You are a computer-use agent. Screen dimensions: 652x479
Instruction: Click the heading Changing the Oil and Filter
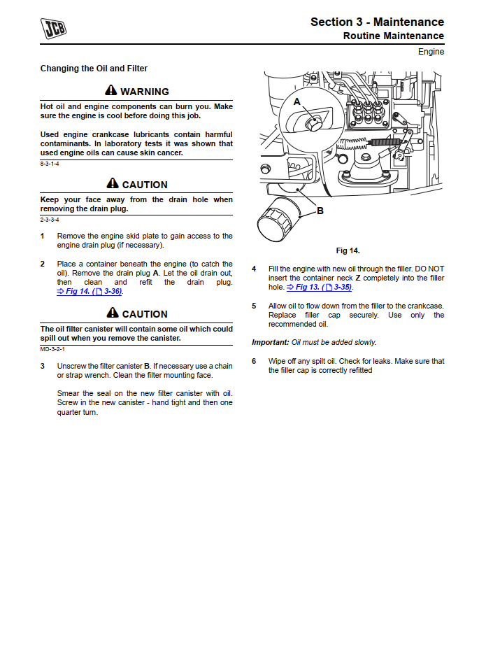coord(94,69)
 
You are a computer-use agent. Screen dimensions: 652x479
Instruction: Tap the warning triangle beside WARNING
coord(111,91)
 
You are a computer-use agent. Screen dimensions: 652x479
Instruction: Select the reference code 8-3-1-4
coord(50,163)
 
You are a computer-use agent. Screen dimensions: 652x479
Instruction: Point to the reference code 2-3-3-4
coord(50,220)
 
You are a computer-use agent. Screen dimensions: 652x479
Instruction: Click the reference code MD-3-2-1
coord(52,348)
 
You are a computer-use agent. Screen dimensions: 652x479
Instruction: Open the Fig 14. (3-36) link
coord(90,292)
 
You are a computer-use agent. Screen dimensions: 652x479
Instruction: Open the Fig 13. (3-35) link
coord(320,288)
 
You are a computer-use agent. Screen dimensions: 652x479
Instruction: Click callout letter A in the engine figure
coord(296,102)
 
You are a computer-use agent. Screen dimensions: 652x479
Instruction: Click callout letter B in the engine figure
coord(320,211)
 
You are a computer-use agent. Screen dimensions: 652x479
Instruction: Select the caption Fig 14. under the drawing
coord(348,250)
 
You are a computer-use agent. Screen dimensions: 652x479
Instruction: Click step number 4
coord(254,269)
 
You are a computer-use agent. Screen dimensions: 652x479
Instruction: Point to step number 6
coord(254,361)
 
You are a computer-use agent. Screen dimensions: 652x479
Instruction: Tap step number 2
coord(42,264)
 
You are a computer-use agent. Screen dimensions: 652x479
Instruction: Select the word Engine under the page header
coord(431,52)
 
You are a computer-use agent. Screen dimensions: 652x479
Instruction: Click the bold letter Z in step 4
coord(358,278)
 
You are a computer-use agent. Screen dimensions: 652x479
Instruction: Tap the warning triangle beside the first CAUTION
coord(113,184)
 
